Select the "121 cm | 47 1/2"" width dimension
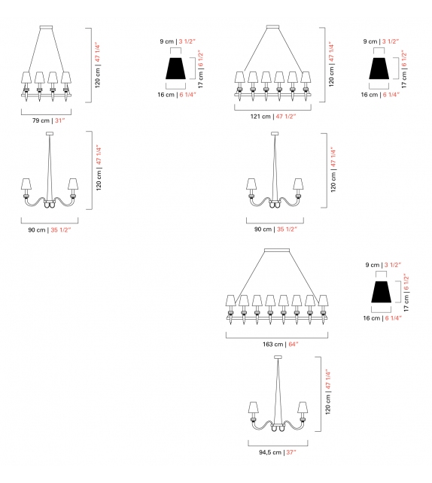tap(273, 117)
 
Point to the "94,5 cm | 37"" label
tap(273, 452)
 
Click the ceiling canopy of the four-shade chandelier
tap(46, 29)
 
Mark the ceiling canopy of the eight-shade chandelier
tap(273, 251)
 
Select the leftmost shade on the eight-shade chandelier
tap(230, 301)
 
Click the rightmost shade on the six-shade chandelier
tap(306, 77)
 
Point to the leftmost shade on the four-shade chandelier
tap(26, 77)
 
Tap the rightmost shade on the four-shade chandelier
tap(66, 77)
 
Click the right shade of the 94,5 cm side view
tap(304, 407)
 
